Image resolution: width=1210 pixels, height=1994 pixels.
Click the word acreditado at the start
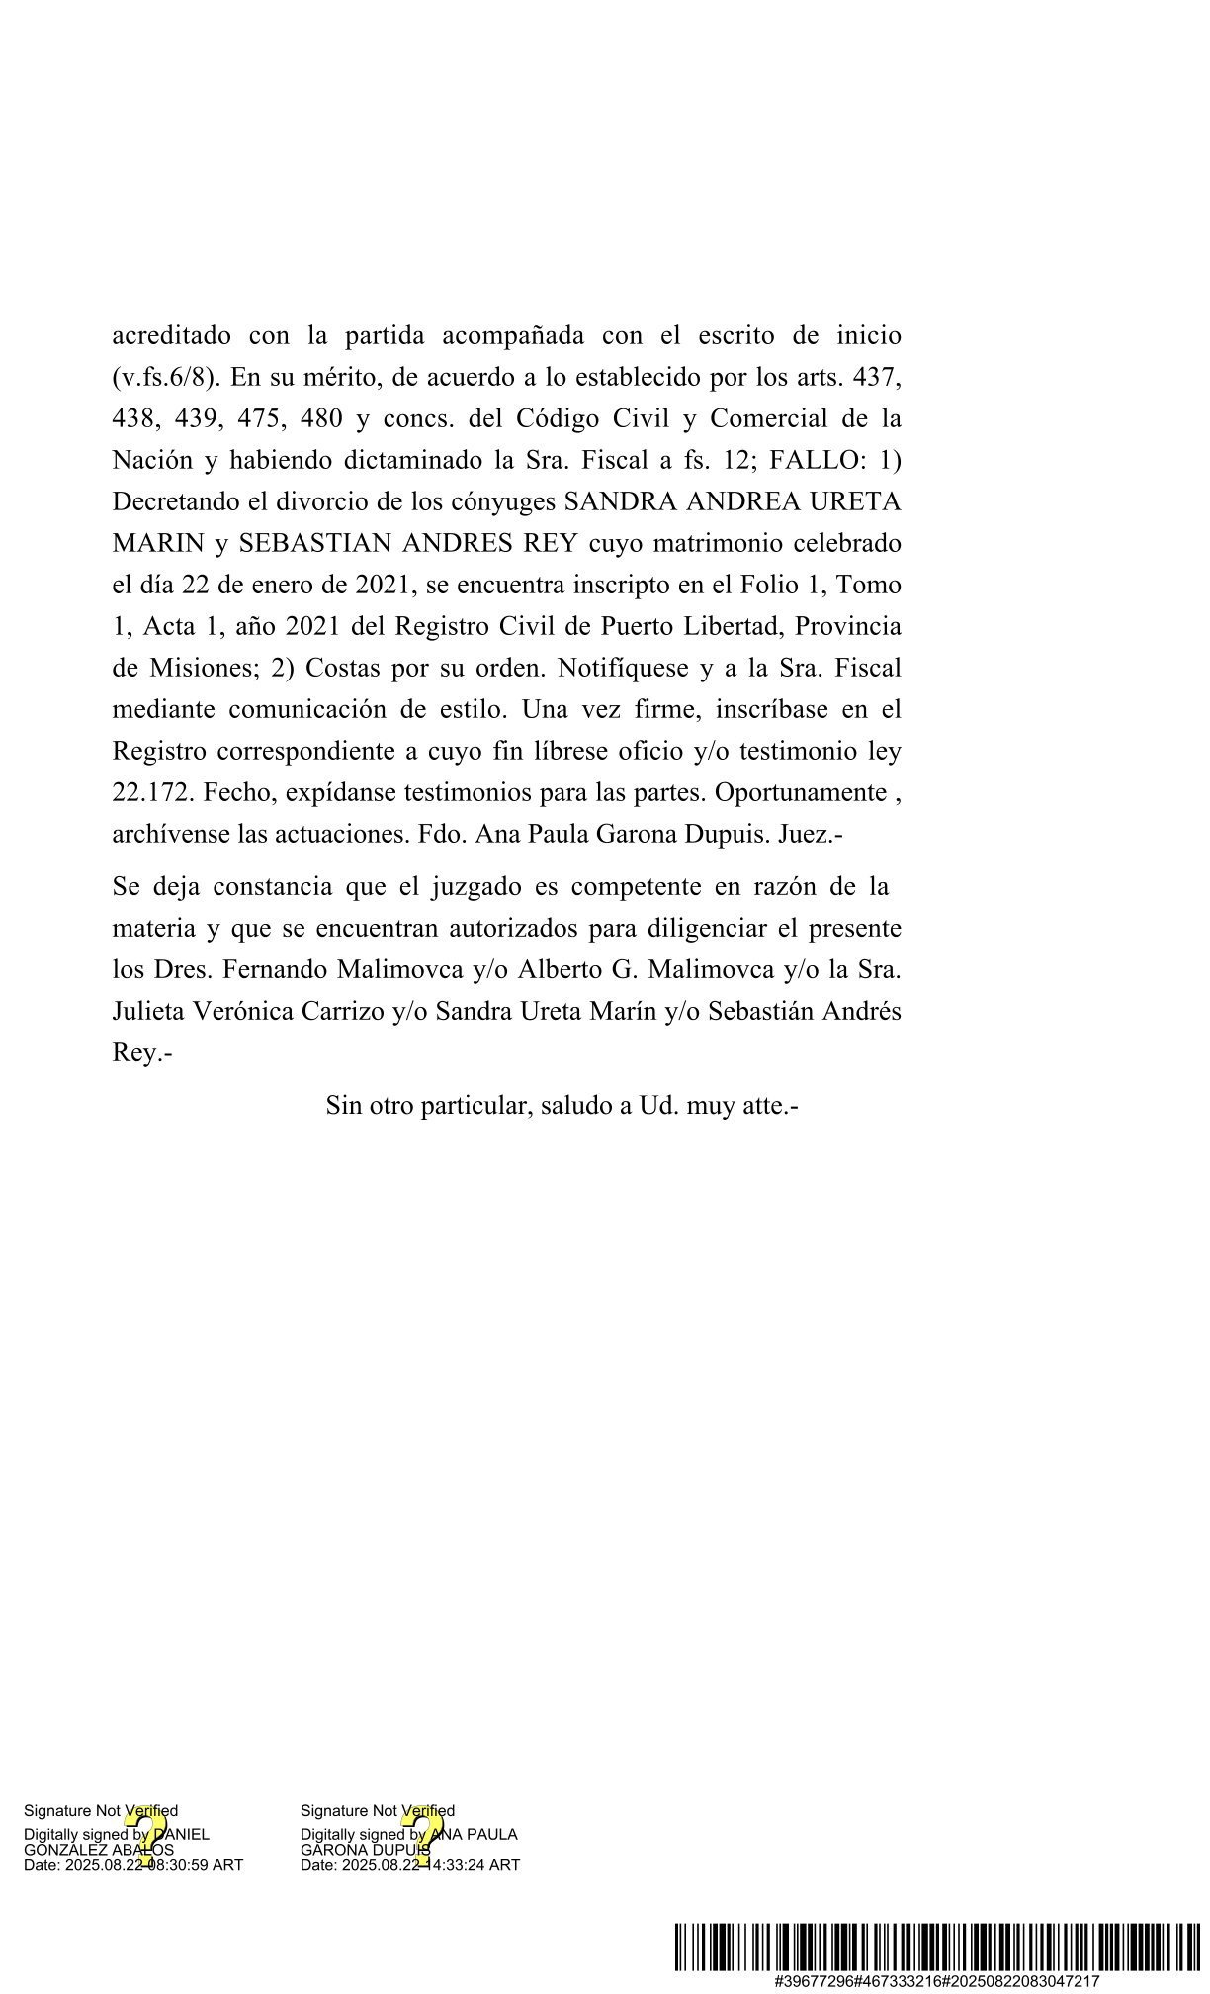[171, 336]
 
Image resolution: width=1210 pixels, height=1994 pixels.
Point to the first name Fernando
[276, 971]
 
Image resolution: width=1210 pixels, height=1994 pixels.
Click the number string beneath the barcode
[937, 1982]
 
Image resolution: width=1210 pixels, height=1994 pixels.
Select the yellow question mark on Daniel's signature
[144, 1838]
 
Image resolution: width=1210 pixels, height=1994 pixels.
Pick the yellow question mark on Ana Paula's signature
[421, 1838]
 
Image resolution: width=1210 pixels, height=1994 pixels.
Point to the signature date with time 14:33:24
[410, 1866]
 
